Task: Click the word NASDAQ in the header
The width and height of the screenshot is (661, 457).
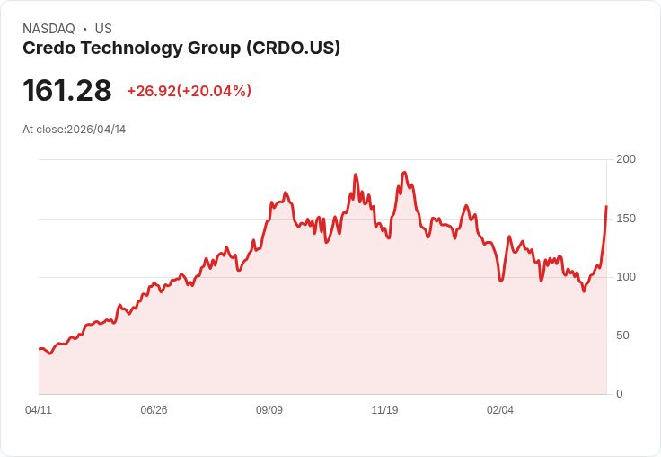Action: (x=48, y=29)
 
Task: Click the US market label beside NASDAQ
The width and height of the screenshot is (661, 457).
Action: (x=103, y=29)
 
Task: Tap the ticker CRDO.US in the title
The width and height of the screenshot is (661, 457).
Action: (x=293, y=49)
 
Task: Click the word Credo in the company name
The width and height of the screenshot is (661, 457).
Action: (x=47, y=49)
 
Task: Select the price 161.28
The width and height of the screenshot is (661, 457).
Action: (x=67, y=91)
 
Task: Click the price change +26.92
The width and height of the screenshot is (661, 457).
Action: (x=151, y=91)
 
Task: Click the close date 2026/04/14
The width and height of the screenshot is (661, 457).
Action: (x=96, y=130)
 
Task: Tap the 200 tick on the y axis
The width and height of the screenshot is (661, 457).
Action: (x=626, y=159)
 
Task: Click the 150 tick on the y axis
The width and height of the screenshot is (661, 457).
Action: (x=626, y=219)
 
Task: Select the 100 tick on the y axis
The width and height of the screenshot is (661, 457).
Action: (x=626, y=277)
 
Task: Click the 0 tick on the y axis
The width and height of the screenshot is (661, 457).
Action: (x=620, y=394)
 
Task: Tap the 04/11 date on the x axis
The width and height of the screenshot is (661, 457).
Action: (x=39, y=410)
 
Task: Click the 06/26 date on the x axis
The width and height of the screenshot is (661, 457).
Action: (x=154, y=410)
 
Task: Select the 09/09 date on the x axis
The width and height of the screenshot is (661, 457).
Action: (x=269, y=410)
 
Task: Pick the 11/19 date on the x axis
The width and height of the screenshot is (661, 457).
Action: (x=384, y=410)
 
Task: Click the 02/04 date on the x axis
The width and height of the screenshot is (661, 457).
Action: (x=500, y=410)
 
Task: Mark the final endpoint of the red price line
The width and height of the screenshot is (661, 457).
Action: (x=606, y=207)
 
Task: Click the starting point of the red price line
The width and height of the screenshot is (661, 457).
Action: (x=40, y=349)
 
